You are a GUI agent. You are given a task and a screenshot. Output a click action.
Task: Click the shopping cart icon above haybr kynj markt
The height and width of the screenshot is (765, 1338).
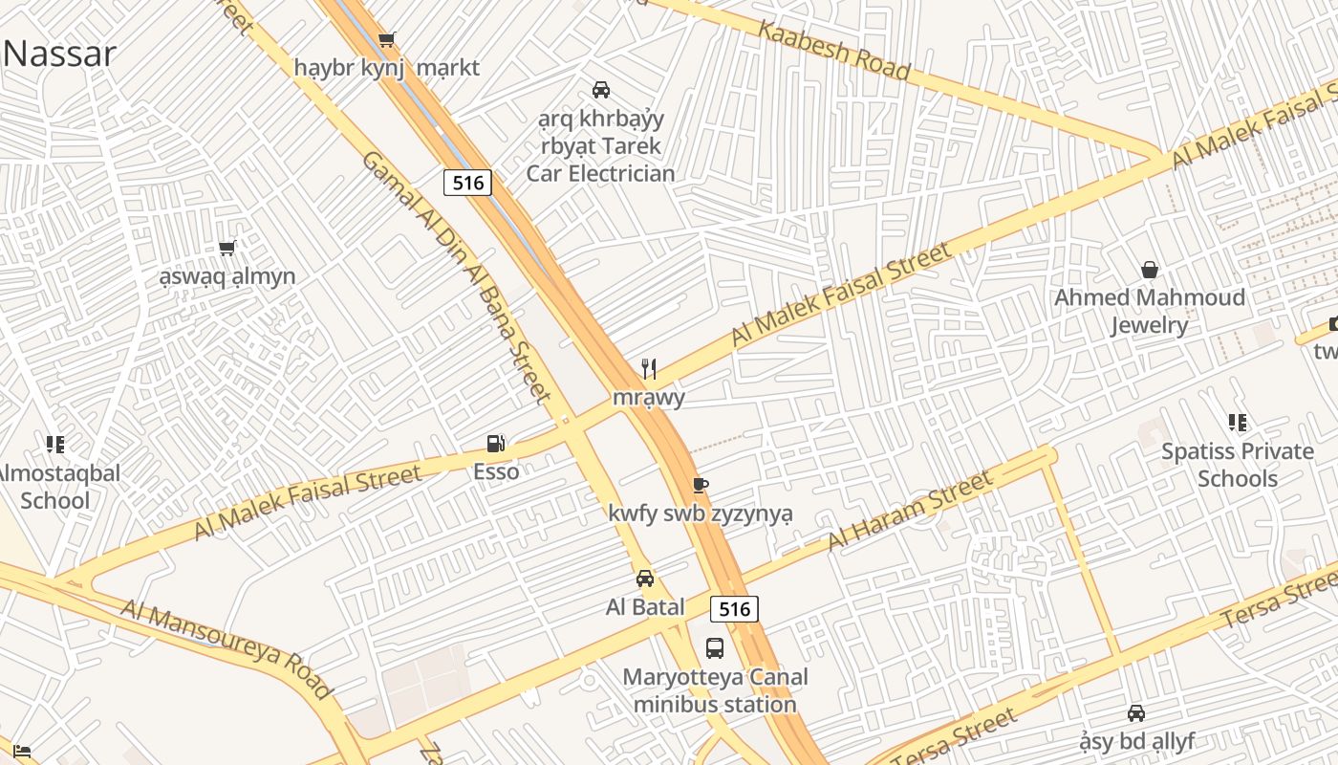click(386, 40)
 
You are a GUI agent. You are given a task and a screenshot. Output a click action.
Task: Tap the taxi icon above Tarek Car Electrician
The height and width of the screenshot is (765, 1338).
click(601, 90)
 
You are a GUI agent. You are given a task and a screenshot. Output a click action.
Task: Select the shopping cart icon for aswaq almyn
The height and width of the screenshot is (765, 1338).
click(227, 249)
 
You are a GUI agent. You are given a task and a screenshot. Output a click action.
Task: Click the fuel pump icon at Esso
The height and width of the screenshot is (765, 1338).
click(495, 443)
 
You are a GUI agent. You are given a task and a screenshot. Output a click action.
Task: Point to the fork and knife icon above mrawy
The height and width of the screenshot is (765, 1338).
click(649, 368)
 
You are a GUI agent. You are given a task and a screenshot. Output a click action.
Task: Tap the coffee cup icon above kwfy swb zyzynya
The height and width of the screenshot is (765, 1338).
click(701, 485)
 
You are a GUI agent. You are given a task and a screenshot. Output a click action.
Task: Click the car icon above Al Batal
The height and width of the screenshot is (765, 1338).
click(645, 579)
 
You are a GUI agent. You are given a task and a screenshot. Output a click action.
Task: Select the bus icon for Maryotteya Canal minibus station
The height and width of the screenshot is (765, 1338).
click(715, 648)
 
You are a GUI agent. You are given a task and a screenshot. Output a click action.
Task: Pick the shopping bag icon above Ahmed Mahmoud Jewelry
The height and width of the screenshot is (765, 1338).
click(1150, 271)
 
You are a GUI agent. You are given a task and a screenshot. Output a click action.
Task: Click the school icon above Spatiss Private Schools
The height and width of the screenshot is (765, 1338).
click(1238, 423)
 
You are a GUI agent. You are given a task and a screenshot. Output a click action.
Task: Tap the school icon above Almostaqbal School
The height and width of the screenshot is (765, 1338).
click(55, 445)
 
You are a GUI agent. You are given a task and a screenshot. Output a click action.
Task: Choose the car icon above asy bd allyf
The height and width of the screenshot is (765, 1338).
click(1136, 713)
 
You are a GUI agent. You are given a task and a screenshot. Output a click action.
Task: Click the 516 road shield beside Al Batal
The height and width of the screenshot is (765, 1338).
click(734, 608)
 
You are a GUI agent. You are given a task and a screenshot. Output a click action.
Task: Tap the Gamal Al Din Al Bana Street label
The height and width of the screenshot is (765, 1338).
click(456, 277)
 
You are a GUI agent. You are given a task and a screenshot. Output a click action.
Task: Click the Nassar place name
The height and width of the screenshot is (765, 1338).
click(59, 54)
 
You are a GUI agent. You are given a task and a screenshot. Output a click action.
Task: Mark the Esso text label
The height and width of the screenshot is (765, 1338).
click(496, 471)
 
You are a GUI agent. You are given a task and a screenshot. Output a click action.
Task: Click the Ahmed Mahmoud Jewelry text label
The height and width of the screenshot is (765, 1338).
click(1150, 312)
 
